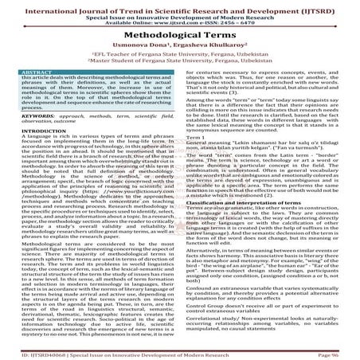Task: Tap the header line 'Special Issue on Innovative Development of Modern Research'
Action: [180, 15]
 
